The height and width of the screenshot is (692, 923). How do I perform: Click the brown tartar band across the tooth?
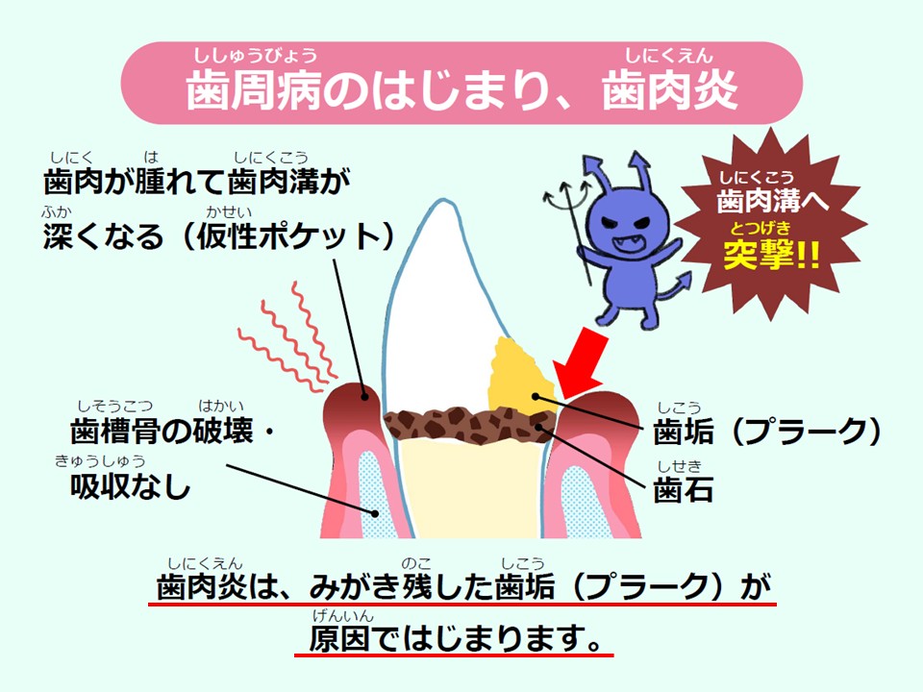[x=469, y=424]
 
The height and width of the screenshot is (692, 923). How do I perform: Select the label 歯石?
[x=684, y=489]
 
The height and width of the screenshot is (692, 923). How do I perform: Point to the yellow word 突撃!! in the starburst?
[x=771, y=254]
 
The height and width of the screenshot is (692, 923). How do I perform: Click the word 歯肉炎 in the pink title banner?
[x=669, y=91]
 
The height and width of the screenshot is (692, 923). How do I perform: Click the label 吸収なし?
[x=131, y=487]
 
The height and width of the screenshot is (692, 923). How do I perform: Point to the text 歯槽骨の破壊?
[x=162, y=431]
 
